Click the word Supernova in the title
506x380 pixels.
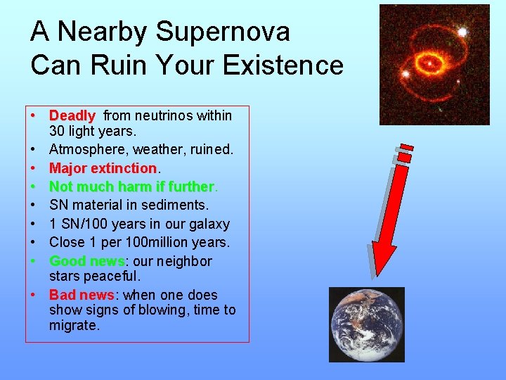(223, 32)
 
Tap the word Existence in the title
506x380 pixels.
(283, 65)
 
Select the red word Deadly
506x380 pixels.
(72, 115)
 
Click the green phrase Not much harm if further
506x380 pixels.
(131, 186)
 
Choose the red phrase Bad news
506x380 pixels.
(82, 295)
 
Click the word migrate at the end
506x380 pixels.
(74, 325)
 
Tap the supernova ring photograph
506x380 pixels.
(434, 65)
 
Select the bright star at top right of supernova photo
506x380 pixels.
(462, 32)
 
